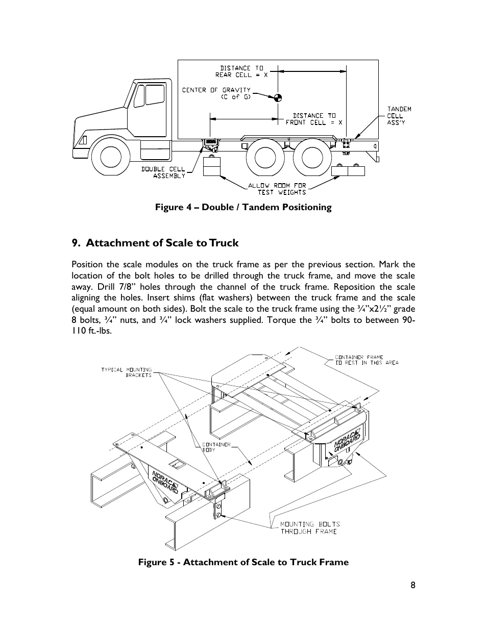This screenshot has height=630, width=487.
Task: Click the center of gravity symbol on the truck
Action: pyautogui.click(x=277, y=97)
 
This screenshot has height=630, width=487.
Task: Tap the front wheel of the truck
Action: pyautogui.click(x=111, y=157)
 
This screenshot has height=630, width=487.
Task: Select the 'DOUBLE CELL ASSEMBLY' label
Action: pyautogui.click(x=163, y=172)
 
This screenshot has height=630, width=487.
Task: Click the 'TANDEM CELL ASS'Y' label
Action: pyautogui.click(x=399, y=116)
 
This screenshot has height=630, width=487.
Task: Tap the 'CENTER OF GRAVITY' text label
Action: pyautogui.click(x=216, y=93)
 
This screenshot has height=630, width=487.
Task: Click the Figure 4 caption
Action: pyautogui.click(x=243, y=207)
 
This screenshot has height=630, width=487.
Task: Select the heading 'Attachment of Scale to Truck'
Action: pyautogui.click(x=155, y=243)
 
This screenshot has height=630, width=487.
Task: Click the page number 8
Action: pyautogui.click(x=412, y=586)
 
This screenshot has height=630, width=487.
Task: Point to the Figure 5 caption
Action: pyautogui.click(x=243, y=562)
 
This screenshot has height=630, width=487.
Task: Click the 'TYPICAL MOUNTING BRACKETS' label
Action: pyautogui.click(x=126, y=372)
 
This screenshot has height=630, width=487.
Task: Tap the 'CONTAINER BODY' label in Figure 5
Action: pyautogui.click(x=209, y=447)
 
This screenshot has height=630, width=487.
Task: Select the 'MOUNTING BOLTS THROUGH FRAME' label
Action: pyautogui.click(x=310, y=527)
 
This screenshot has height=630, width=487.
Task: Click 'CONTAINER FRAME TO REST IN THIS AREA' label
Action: pyautogui.click(x=366, y=360)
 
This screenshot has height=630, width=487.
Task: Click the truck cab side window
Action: pyautogui.click(x=154, y=95)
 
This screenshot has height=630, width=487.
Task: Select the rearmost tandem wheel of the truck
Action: pyautogui.click(x=312, y=157)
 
